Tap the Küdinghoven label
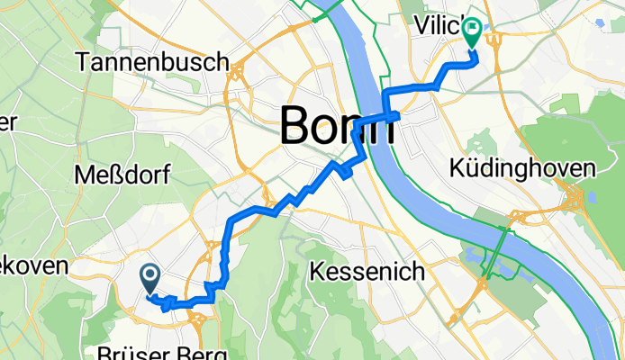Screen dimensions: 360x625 pos(522,168)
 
